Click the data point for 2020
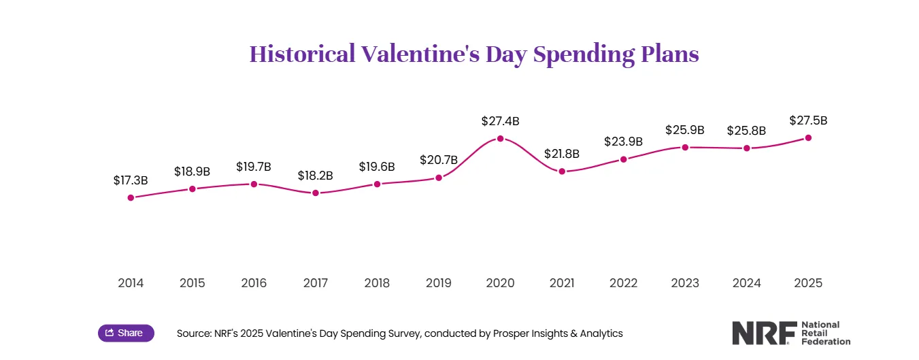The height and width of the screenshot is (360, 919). point(500,139)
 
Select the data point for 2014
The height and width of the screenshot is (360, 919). point(131,198)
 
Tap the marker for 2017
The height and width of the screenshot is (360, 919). point(316,193)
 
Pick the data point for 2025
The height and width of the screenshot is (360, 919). point(808,138)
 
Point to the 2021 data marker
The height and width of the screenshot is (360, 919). point(562,171)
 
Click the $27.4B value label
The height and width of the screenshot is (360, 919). point(500,122)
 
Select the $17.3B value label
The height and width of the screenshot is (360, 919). point(131,180)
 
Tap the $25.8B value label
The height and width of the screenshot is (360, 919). point(746,130)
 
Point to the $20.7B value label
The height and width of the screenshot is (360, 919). point(439,161)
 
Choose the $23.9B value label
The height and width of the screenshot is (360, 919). point(623,142)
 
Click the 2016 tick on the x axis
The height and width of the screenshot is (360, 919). point(254,283)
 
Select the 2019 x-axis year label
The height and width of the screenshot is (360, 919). point(439,283)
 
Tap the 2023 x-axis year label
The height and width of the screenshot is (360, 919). point(685,283)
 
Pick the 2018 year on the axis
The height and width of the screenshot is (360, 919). point(377,283)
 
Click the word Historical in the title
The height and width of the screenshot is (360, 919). point(302,54)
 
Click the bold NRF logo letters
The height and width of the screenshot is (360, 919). point(763,333)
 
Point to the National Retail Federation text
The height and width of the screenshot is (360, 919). point(826,333)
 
